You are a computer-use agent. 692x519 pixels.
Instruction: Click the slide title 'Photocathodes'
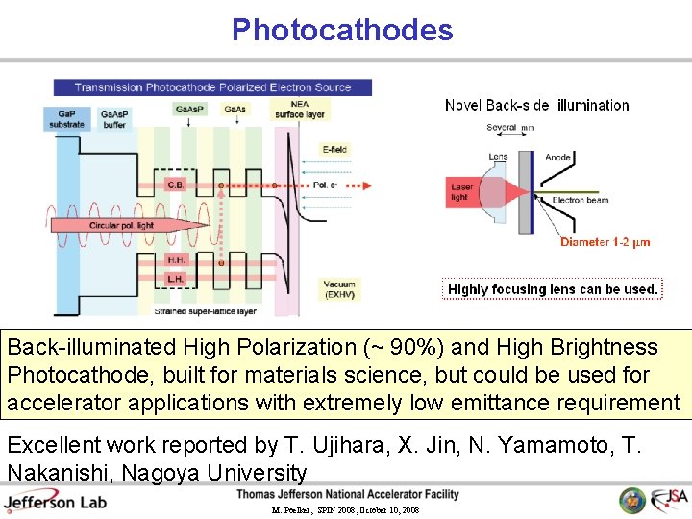point(342,30)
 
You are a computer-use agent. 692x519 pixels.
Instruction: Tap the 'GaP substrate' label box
point(66,119)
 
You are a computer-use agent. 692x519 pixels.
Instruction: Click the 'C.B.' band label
point(176,185)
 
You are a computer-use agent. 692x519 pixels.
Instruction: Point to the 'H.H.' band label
point(176,259)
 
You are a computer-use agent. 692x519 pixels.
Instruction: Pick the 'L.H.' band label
point(176,278)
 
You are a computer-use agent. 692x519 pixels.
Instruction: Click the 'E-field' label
point(334,149)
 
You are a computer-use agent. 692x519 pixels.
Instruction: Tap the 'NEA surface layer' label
point(300,110)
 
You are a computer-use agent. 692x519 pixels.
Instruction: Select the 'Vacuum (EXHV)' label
point(338,288)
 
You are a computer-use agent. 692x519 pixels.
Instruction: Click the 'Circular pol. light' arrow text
point(121,225)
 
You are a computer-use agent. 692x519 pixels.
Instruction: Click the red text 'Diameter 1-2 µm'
point(605,242)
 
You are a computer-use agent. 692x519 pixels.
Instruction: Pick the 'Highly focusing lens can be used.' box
point(553,289)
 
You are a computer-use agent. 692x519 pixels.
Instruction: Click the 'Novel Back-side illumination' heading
point(536,106)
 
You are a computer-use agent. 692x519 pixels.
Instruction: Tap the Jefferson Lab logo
point(55,501)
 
